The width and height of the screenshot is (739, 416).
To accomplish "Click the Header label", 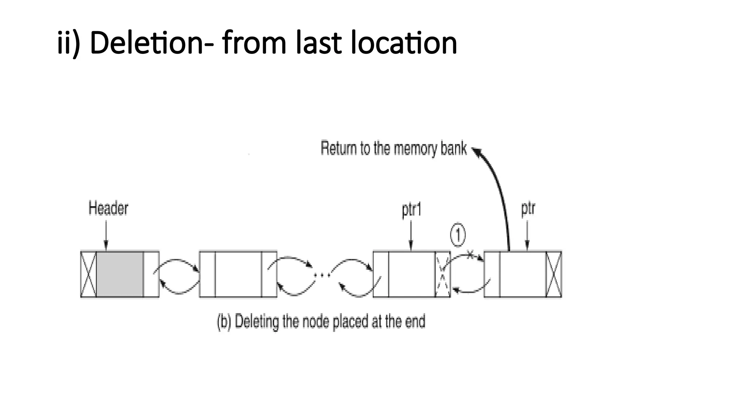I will pos(108,208).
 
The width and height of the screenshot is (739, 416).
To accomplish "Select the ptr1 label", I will pos(411,209).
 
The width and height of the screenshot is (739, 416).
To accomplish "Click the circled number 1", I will pos(458,235).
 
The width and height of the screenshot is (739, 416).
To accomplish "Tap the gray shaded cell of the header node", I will pos(120,274).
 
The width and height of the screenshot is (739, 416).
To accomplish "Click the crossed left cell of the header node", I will pos(88,274).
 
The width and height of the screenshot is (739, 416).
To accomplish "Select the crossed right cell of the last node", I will pos(554,274).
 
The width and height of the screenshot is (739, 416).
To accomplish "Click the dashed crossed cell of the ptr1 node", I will pos(443,274).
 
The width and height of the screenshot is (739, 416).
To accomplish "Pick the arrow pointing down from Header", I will pos(106,235).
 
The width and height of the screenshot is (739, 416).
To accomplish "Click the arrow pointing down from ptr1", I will pos(411,235).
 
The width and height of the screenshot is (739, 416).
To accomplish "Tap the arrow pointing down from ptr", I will pos(527,235).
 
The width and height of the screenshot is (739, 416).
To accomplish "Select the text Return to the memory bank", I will pos(393,148).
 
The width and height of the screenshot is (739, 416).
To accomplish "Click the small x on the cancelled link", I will pos(470,255).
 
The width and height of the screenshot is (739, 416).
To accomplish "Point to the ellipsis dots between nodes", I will pos(322,276).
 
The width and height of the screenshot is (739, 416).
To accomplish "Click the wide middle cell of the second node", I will pos(238,274).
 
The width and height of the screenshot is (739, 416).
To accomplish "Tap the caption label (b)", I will pos(224,322).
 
